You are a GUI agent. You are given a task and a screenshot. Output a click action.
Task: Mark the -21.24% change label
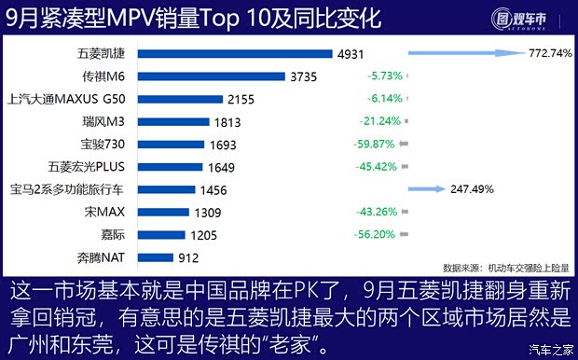coord(380,121)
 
